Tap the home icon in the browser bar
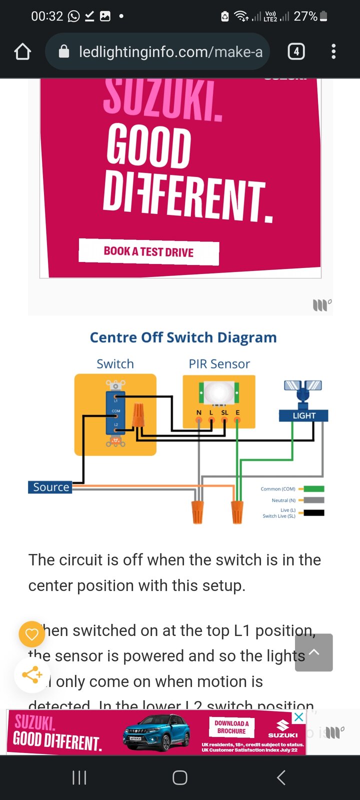click(x=22, y=51)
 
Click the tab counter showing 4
click(x=296, y=51)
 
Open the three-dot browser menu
click(x=333, y=51)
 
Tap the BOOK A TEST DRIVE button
click(x=148, y=252)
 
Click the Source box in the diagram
click(x=50, y=487)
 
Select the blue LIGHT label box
click(x=304, y=415)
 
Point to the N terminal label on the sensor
click(x=198, y=412)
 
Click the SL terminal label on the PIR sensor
click(x=224, y=412)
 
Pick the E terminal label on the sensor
click(x=237, y=412)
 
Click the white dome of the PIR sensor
click(x=218, y=392)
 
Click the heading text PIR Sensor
click(x=219, y=364)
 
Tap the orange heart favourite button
click(x=32, y=634)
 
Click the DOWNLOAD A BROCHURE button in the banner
click(x=231, y=727)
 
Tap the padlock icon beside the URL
click(x=64, y=51)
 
